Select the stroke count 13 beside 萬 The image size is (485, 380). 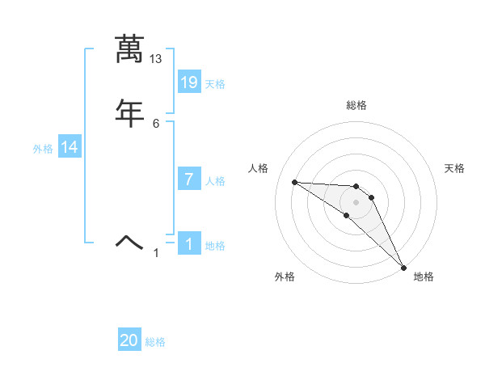(156, 59)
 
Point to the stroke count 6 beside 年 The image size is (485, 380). (156, 123)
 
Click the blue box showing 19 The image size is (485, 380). (189, 82)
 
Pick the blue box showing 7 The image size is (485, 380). (189, 179)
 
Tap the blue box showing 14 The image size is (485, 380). (70, 147)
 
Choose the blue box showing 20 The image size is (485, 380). (129, 340)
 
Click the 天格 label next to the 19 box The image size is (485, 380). (215, 83)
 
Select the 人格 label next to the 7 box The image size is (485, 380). (215, 181)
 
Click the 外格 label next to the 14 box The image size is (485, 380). (43, 149)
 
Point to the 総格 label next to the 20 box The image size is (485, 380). (155, 342)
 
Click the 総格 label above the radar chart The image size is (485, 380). (356, 105)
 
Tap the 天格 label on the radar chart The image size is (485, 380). (454, 168)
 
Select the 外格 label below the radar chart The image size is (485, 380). (285, 277)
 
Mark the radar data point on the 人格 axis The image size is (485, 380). (294, 182)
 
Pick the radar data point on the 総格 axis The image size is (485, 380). (356, 184)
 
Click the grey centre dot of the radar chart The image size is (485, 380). (356, 202)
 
